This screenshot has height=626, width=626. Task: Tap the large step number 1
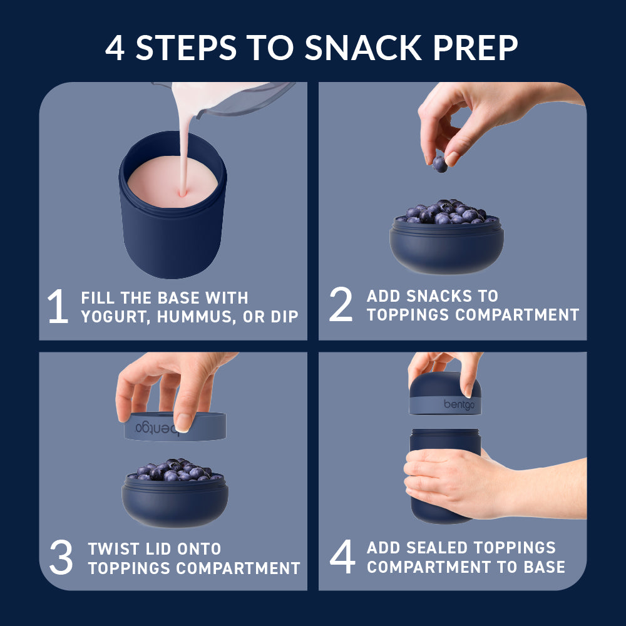58,307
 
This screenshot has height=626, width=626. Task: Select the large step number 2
341,305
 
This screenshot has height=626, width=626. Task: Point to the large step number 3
61,558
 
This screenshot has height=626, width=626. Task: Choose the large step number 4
342,557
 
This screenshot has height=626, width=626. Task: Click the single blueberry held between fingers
440,164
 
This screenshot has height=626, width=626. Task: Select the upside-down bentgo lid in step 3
175,426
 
